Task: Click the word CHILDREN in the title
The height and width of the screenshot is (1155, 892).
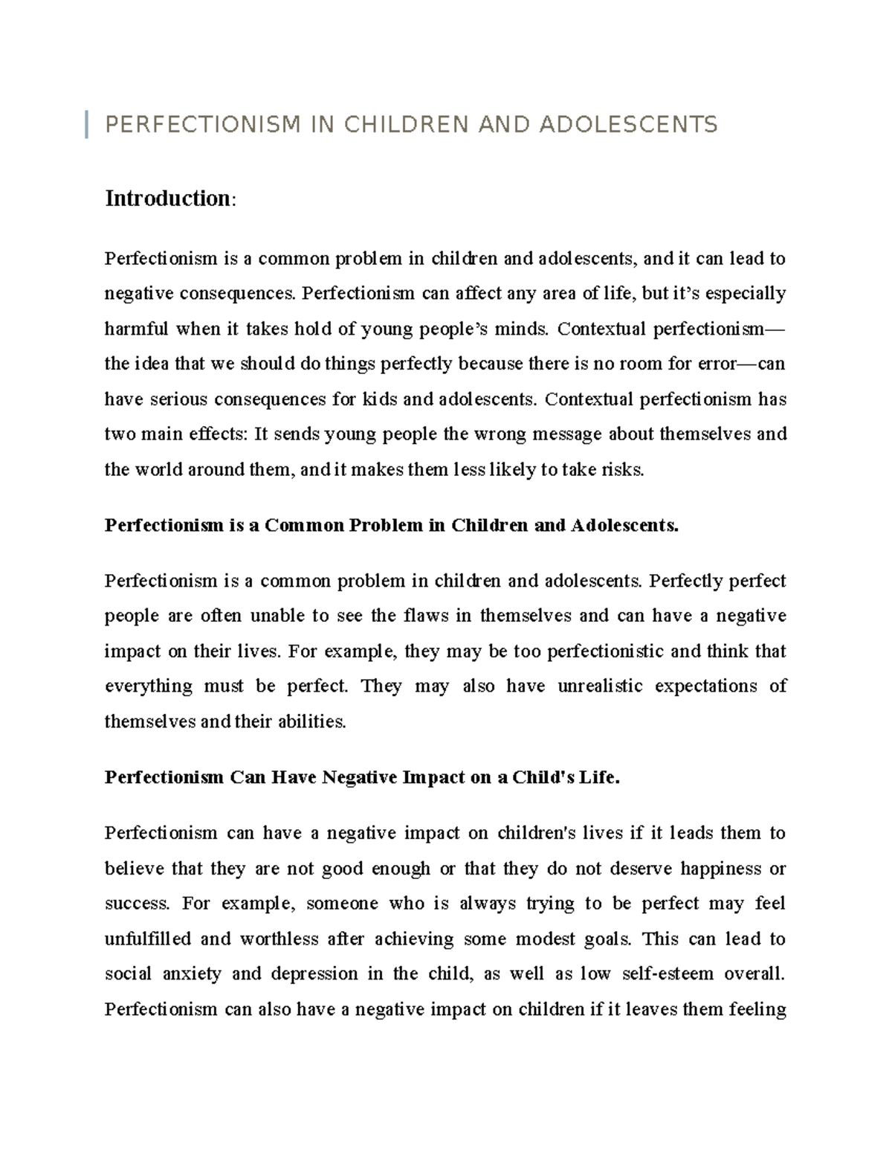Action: [406, 124]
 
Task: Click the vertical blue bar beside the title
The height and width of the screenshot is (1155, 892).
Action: [88, 123]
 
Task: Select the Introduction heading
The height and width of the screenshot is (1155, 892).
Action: [169, 199]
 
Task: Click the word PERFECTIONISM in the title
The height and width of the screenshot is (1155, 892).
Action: [203, 124]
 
